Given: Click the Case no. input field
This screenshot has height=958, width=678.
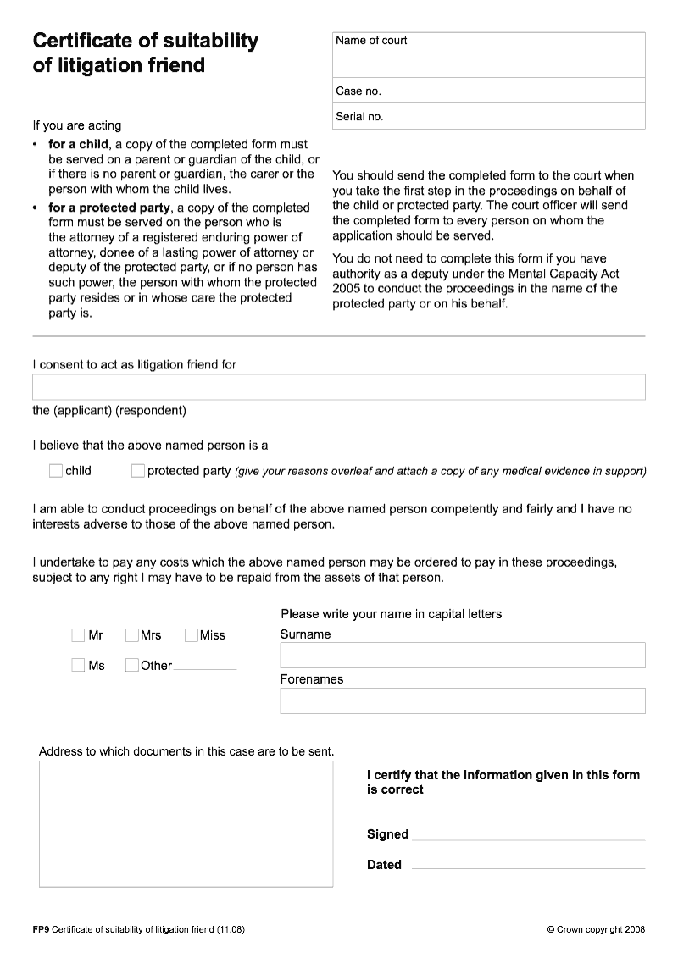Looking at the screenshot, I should (x=529, y=91).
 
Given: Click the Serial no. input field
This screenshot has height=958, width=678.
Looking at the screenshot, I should (x=529, y=116).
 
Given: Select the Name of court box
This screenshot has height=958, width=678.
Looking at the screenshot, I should (x=488, y=56).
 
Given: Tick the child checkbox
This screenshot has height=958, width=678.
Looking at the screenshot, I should (x=56, y=471).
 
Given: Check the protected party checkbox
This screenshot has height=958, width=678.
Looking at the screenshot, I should (x=138, y=471).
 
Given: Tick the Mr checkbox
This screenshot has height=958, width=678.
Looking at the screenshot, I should (x=79, y=635).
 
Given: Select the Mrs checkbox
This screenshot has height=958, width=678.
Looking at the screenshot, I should (x=132, y=635).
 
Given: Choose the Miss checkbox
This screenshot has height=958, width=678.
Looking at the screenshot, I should (x=192, y=635).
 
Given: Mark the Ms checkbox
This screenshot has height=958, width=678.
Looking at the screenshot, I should (x=79, y=666).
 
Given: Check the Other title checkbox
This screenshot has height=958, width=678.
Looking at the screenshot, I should (x=132, y=666).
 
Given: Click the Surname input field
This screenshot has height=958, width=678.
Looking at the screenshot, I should (x=462, y=655).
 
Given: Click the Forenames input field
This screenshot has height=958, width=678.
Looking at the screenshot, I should (x=462, y=701).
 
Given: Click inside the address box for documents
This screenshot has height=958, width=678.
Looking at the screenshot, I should (x=186, y=823).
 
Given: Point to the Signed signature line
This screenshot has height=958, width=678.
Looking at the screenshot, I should (x=529, y=834).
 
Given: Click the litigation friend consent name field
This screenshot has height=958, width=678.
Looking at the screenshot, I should (x=338, y=387).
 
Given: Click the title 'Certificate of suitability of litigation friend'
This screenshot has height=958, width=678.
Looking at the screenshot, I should (x=145, y=53).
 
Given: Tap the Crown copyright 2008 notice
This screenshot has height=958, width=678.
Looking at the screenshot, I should (x=596, y=929).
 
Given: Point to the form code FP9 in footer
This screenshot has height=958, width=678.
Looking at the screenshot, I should (x=41, y=929).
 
